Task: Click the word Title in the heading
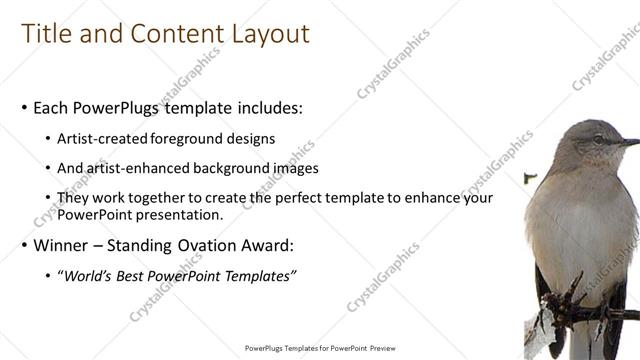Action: tap(46, 34)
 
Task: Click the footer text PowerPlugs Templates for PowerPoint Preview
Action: tap(320, 348)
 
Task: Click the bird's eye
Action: tap(597, 139)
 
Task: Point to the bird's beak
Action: tap(628, 143)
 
